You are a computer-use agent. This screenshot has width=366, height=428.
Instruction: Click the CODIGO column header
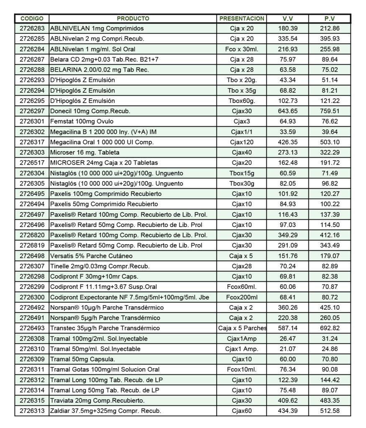pyautogui.click(x=32, y=18)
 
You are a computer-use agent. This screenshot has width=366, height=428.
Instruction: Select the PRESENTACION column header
pyautogui.click(x=242, y=18)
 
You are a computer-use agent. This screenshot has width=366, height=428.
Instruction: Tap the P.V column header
pyautogui.click(x=330, y=18)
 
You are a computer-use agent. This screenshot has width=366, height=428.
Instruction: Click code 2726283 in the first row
pyautogui.click(x=32, y=28)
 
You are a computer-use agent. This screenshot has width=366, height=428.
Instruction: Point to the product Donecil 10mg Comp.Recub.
pyautogui.click(x=90, y=111)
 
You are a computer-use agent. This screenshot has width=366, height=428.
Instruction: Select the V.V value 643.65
pyautogui.click(x=287, y=111)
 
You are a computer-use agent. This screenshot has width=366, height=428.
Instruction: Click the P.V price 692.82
pyautogui.click(x=330, y=328)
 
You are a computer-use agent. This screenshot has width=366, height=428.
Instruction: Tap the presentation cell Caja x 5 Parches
pyautogui.click(x=242, y=328)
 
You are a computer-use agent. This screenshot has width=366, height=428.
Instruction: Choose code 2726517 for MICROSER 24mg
pyautogui.click(x=32, y=163)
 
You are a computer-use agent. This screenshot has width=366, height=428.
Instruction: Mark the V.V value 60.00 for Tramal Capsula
pyautogui.click(x=287, y=359)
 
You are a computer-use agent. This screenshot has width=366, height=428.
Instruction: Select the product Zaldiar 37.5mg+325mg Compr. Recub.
pyautogui.click(x=105, y=411)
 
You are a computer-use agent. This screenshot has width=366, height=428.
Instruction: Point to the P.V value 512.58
pyautogui.click(x=330, y=411)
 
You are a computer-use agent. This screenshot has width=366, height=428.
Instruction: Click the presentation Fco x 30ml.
pyautogui.click(x=242, y=49)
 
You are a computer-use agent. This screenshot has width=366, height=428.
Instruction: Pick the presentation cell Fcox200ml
pyautogui.click(x=242, y=297)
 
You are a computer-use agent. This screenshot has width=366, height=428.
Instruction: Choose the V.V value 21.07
pyautogui.click(x=287, y=349)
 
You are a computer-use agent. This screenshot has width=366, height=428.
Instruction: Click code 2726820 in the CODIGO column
pyautogui.click(x=32, y=235)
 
